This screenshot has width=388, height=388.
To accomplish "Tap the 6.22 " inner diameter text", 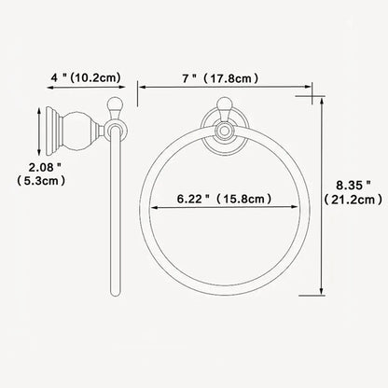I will (194, 200).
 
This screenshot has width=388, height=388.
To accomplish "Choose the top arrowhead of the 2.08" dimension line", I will (39, 109).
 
